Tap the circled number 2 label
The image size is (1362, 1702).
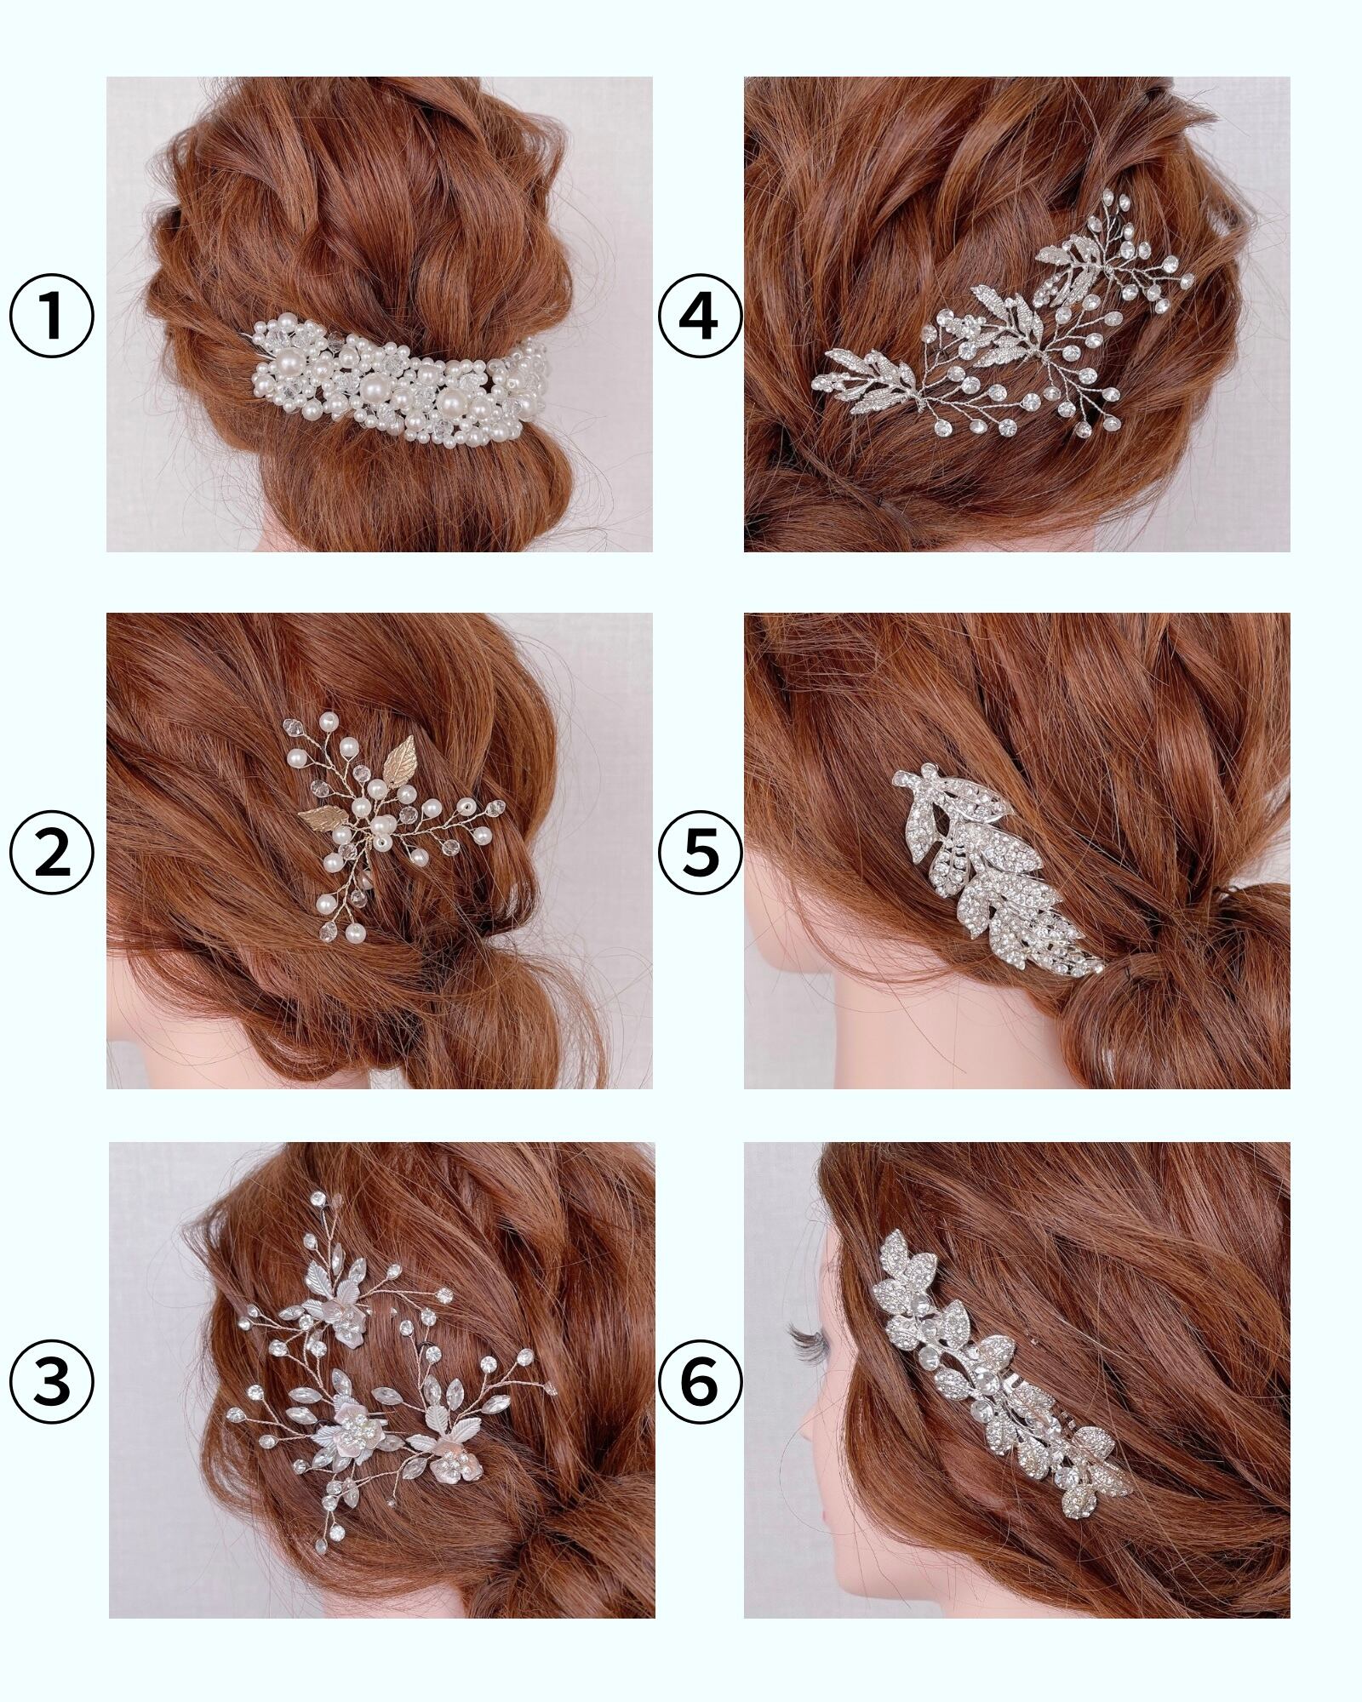[52, 853]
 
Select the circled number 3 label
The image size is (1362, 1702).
[52, 1385]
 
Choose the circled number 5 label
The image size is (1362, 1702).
[700, 853]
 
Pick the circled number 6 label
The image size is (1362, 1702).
[700, 1385]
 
